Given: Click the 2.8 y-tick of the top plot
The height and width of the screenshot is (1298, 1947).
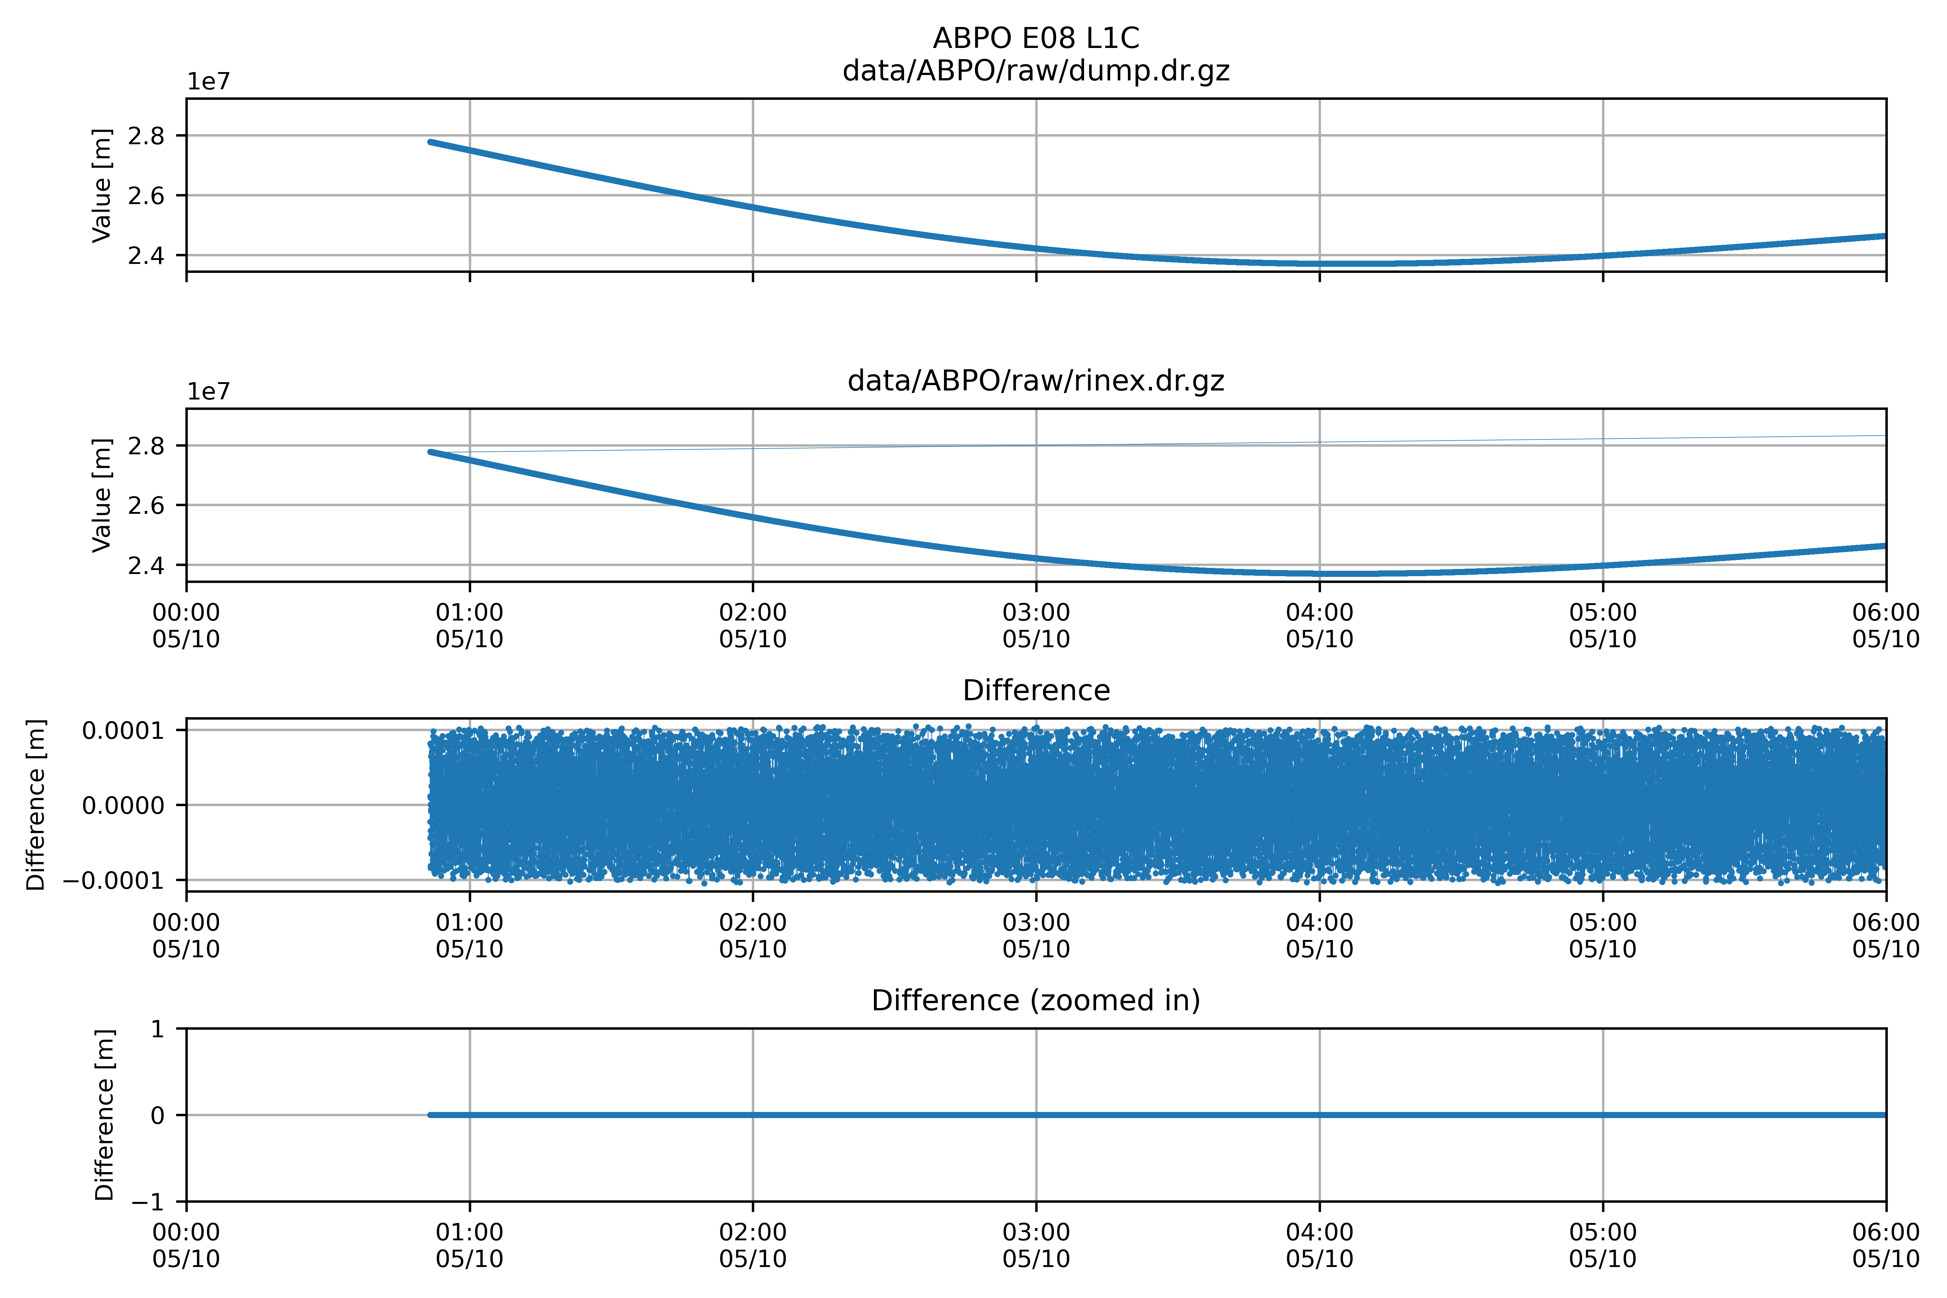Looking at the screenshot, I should click(x=146, y=136).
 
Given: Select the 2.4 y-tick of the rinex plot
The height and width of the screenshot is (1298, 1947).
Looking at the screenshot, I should click(x=146, y=565).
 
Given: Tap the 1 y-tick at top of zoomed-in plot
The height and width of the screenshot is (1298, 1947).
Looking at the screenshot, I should click(x=157, y=1029).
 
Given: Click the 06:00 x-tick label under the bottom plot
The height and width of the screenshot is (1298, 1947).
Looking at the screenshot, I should click(x=1886, y=1246).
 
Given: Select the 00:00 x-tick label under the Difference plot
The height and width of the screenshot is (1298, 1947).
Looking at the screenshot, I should click(x=186, y=935).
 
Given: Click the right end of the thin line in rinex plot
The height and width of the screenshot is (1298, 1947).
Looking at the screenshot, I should click(x=1885, y=436).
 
